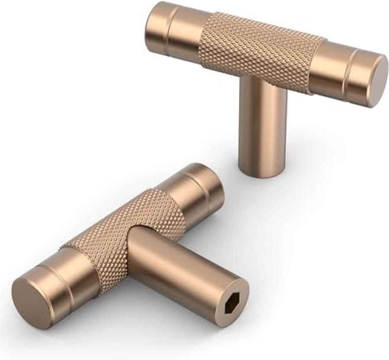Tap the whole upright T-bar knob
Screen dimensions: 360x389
[x=264, y=78]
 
